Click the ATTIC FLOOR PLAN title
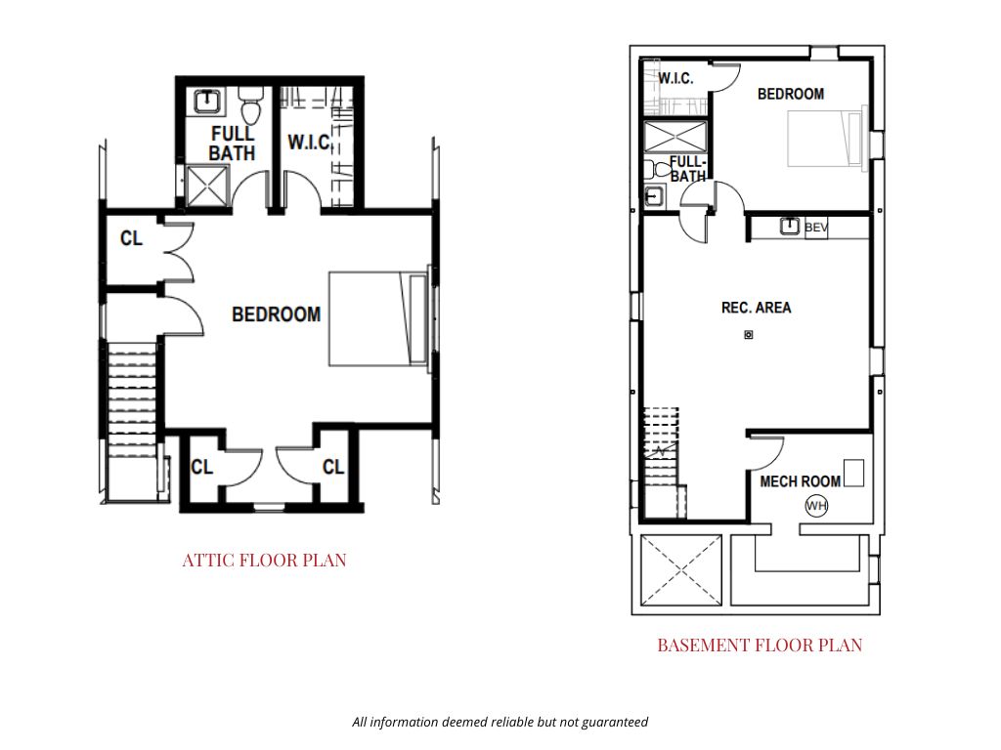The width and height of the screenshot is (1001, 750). coord(264,560)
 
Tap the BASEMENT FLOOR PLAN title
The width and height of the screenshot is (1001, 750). coord(760,645)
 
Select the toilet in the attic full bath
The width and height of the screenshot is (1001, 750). coord(251,104)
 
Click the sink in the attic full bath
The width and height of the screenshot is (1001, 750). coord(207,102)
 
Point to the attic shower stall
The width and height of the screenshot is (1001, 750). coord(207,186)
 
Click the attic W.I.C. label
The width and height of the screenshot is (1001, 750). coord(309,143)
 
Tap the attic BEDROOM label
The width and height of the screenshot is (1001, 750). coord(276,314)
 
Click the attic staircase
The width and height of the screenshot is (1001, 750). coord(132,399)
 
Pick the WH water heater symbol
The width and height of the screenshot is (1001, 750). coord(816,506)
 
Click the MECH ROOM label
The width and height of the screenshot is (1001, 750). coord(800,481)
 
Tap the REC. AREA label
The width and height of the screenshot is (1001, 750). coord(756,308)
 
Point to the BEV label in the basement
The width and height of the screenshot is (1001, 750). coord(816,227)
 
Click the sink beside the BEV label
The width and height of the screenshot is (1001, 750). coord(790,226)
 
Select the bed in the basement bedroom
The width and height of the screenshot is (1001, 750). coord(827,139)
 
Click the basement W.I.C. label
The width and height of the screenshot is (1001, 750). coord(675,78)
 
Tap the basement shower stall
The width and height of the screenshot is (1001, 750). coord(675,137)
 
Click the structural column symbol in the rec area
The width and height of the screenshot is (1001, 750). coord(749,335)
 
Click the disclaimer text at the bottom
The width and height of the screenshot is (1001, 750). coord(500,722)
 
